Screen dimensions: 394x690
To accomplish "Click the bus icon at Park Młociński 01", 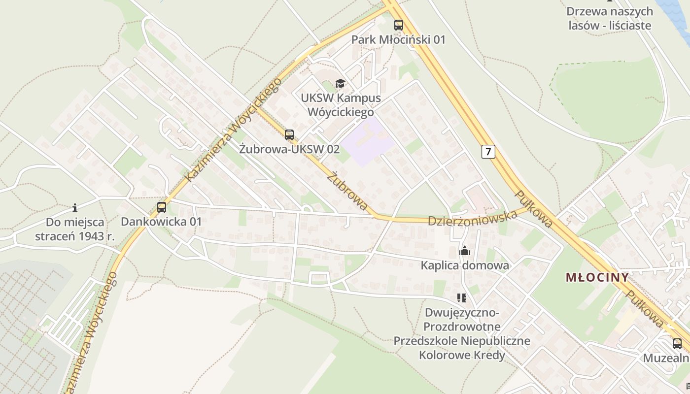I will [398, 25].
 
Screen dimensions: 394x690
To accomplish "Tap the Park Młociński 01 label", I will [398, 39].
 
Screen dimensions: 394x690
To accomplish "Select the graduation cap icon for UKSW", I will [340, 83].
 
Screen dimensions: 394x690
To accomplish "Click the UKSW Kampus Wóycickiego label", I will [341, 105].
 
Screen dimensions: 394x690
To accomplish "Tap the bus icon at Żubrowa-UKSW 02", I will [289, 134].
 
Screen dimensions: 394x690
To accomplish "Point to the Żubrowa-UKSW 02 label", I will [289, 149].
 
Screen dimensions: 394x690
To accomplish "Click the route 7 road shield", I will [488, 151].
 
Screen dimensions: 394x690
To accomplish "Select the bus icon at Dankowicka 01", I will [162, 207].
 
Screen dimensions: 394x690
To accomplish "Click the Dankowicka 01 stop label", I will [161, 222].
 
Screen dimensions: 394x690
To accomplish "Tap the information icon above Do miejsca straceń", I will [75, 208].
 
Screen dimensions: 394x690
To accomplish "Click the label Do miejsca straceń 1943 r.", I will [75, 229].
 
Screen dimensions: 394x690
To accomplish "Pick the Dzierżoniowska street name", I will [472, 218].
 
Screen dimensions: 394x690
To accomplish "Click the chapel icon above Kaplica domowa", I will [464, 251].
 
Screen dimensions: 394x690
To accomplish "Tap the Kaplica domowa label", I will [464, 265].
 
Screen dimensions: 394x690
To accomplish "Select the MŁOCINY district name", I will [597, 277].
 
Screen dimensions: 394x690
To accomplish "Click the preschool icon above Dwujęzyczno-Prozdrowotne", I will [462, 297].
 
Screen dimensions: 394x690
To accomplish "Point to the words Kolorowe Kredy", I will [462, 355].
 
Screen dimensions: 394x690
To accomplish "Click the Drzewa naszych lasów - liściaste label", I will [610, 18].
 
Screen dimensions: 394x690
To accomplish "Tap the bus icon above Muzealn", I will [677, 344].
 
